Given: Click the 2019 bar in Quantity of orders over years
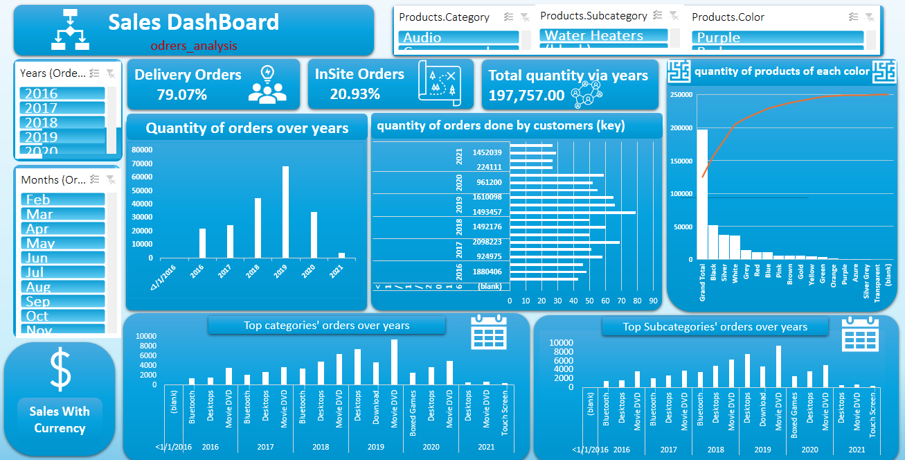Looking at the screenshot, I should [285, 212].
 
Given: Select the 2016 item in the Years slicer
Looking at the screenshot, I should [62, 94].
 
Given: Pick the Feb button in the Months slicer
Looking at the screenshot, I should [62, 200].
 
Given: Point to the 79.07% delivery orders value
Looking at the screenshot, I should [181, 95].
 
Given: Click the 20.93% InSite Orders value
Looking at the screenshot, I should [355, 94].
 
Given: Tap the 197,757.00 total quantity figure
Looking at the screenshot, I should [526, 96].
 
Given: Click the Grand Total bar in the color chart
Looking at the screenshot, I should [702, 194].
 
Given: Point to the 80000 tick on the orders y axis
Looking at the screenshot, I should [142, 150].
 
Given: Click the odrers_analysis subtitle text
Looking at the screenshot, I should [194, 46].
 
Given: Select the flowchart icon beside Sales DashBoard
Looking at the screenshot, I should [71, 30].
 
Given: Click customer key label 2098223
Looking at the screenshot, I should [487, 242].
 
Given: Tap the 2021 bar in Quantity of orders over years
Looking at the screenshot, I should [341, 255].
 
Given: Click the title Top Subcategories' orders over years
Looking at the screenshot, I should [715, 327].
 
